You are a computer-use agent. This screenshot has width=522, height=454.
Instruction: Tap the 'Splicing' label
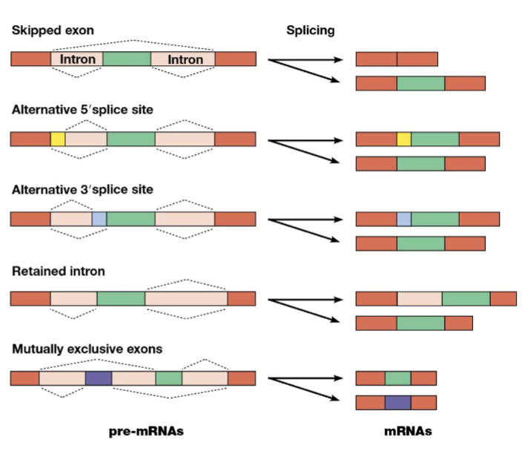[311, 30]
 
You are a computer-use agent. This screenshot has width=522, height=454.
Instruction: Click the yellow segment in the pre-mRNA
[58, 139]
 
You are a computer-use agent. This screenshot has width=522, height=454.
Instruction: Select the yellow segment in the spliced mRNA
[404, 139]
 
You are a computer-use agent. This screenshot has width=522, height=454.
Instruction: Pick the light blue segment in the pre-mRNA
[99, 219]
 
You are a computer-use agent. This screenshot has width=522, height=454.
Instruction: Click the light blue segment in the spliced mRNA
[404, 219]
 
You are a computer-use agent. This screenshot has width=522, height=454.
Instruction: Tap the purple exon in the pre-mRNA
[98, 378]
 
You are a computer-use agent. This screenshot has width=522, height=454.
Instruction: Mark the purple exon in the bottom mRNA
[397, 403]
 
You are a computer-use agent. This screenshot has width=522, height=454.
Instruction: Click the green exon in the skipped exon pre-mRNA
[127, 59]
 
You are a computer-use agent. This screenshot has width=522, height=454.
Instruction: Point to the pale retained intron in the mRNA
[420, 298]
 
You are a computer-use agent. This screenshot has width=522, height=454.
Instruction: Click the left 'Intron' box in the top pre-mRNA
[76, 59]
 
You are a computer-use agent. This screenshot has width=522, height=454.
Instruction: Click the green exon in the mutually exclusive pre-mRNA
[168, 378]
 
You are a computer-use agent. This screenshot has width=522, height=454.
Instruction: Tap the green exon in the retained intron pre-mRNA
[121, 298]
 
